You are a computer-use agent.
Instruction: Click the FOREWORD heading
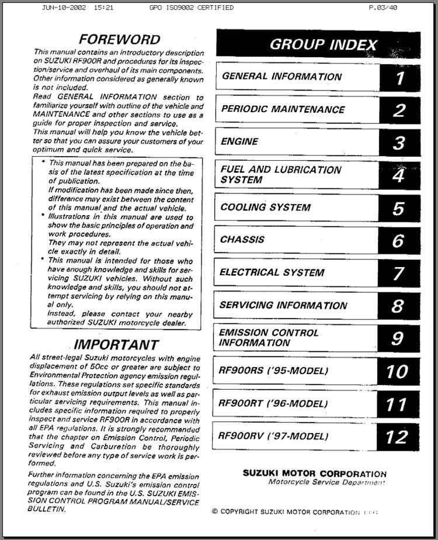(x=119, y=40)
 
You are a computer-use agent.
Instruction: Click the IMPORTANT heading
(x=116, y=345)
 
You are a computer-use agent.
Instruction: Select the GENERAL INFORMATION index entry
(x=281, y=77)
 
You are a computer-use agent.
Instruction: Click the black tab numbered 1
(x=399, y=78)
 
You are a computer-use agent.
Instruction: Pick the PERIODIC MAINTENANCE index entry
(x=283, y=109)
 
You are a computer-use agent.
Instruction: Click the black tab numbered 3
(x=399, y=143)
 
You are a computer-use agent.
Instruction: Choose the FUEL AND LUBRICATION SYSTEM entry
(x=281, y=175)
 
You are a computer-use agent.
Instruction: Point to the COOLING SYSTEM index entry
(x=265, y=207)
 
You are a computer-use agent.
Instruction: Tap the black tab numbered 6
(x=399, y=240)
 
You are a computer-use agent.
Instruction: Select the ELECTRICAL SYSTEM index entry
(x=272, y=272)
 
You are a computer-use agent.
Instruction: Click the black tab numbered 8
(x=399, y=306)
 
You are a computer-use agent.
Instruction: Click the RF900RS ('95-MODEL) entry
(x=273, y=371)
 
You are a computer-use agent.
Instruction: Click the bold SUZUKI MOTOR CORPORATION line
(x=314, y=473)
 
